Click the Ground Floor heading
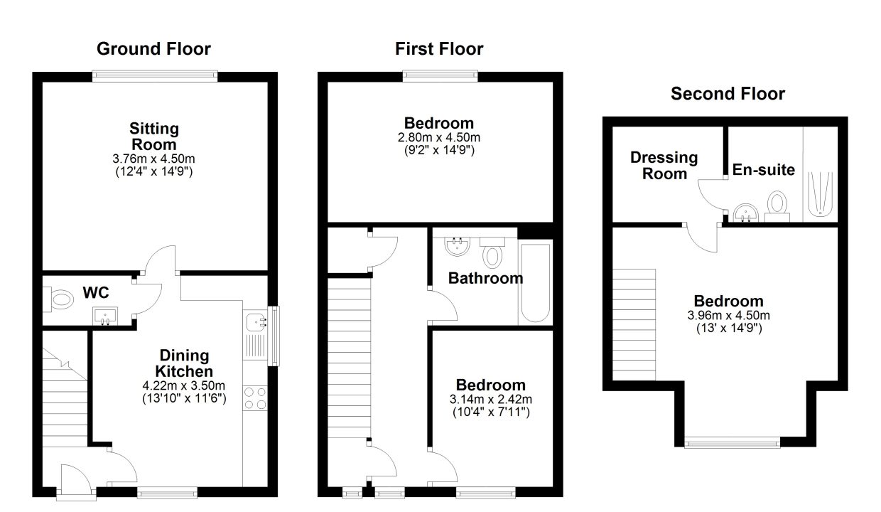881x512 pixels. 153,49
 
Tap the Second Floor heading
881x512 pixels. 728,94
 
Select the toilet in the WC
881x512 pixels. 58,299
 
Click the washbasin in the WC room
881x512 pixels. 105,316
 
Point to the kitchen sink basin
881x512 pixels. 256,322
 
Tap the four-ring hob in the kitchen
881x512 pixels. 255,398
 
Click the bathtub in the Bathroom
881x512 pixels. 535,282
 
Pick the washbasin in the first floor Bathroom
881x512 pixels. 457,246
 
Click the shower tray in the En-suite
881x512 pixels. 820,193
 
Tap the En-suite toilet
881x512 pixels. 777,207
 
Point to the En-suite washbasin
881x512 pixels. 746,213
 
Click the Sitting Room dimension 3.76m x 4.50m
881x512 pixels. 153,159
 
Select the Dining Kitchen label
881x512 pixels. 184,363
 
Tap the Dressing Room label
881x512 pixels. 664,166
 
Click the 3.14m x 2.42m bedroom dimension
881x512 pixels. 491,400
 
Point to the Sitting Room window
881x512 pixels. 155,76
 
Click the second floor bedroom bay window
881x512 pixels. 732,442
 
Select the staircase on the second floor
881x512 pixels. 634,325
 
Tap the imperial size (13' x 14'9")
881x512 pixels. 729,329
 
